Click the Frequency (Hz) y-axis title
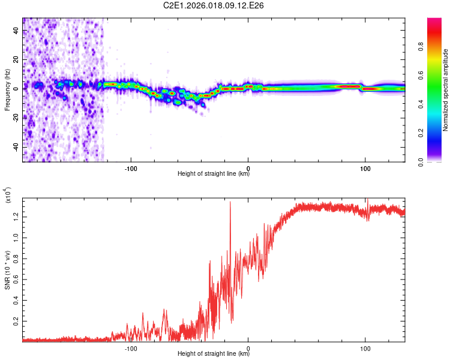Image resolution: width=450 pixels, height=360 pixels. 7,90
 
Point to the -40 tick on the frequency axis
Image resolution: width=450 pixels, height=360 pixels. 16,147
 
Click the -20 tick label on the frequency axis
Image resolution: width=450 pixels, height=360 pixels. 16,118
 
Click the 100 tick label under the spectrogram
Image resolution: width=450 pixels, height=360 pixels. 365,167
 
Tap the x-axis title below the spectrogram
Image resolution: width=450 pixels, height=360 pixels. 214,174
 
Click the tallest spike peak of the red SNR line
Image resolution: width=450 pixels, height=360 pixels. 230,202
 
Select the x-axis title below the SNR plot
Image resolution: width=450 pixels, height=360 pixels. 214,354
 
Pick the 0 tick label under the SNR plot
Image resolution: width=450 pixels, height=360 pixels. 249,347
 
